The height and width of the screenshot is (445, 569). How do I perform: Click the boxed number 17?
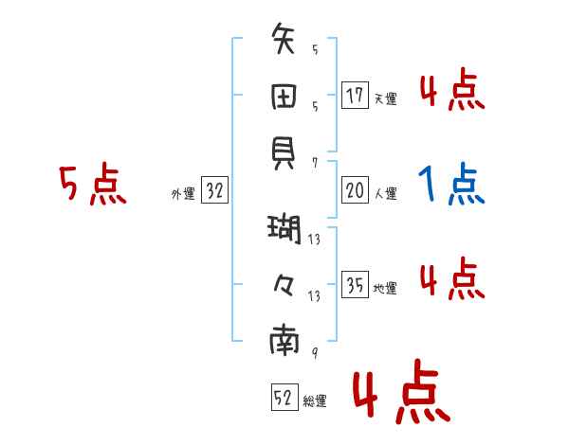(355, 96)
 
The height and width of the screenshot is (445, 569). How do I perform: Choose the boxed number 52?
(283, 398)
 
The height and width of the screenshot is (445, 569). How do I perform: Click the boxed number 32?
(214, 191)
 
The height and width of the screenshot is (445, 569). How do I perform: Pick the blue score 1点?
(451, 184)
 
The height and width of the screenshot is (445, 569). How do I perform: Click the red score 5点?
(93, 184)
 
